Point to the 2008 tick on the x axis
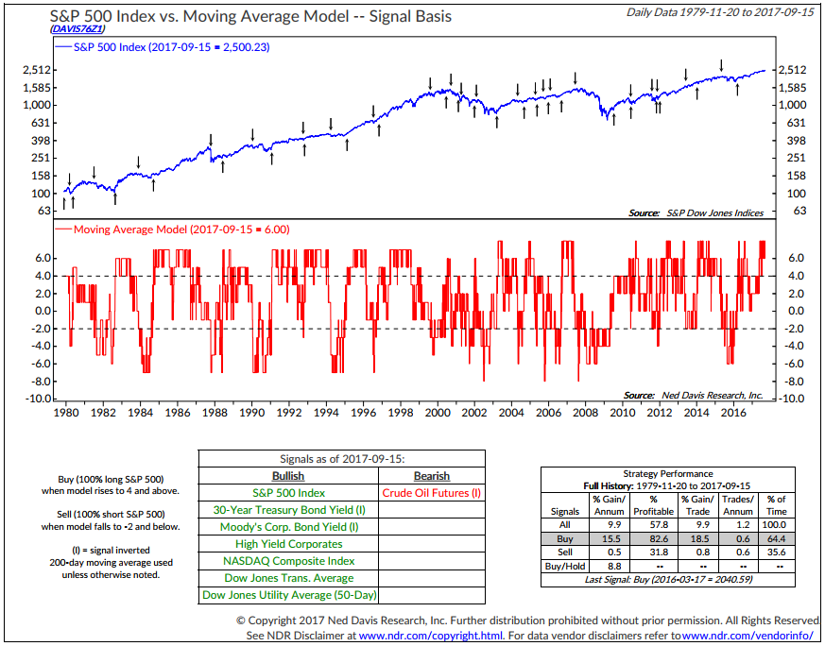(x=586, y=413)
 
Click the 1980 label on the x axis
(x=65, y=413)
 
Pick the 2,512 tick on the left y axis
(x=35, y=70)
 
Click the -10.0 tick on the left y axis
(x=35, y=399)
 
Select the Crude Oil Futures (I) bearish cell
(x=432, y=493)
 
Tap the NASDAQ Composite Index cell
(x=288, y=561)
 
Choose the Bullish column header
(x=288, y=476)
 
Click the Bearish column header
(x=432, y=476)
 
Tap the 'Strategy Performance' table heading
(x=668, y=473)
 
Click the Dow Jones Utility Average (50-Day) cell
(x=288, y=595)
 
